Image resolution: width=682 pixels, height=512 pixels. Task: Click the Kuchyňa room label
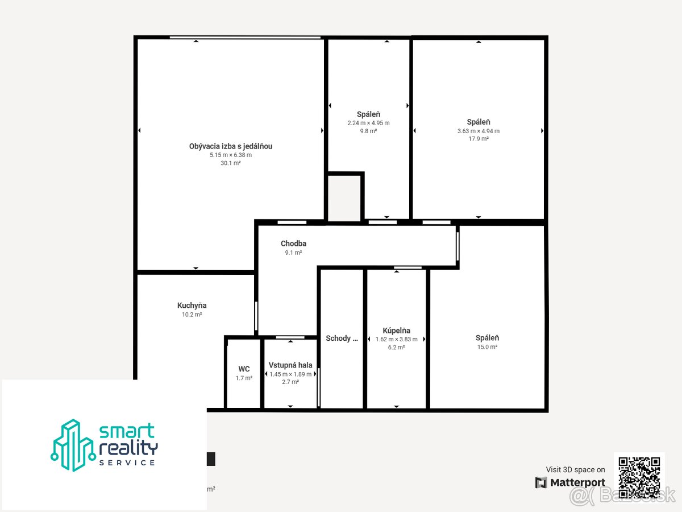pyautogui.click(x=192, y=305)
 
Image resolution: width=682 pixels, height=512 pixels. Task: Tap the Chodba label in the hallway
pyautogui.click(x=293, y=243)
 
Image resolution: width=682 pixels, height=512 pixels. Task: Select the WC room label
pyautogui.click(x=244, y=369)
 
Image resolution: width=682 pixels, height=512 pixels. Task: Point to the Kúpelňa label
pyautogui.click(x=396, y=331)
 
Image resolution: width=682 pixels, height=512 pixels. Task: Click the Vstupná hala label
pyautogui.click(x=290, y=365)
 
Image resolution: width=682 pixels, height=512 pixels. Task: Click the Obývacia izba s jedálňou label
pyautogui.click(x=231, y=146)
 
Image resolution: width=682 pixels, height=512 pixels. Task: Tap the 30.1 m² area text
pyautogui.click(x=231, y=163)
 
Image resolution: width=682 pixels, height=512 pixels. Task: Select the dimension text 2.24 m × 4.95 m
pyautogui.click(x=368, y=123)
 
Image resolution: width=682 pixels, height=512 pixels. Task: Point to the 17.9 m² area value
pyautogui.click(x=479, y=139)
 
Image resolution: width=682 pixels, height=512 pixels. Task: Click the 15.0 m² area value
pyautogui.click(x=487, y=347)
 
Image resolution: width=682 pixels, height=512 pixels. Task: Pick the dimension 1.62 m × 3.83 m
pyautogui.click(x=396, y=339)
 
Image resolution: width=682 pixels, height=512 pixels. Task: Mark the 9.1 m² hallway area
pyautogui.click(x=293, y=253)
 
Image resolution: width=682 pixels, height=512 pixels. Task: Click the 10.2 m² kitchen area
pyautogui.click(x=192, y=315)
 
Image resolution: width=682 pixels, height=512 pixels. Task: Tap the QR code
pyautogui.click(x=639, y=477)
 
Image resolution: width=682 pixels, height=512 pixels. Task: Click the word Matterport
pyautogui.click(x=577, y=482)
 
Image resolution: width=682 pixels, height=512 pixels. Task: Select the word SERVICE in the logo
pyautogui.click(x=127, y=463)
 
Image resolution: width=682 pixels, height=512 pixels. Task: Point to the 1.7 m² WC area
pyautogui.click(x=244, y=378)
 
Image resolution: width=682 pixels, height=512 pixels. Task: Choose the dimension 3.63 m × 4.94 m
pyautogui.click(x=479, y=131)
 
